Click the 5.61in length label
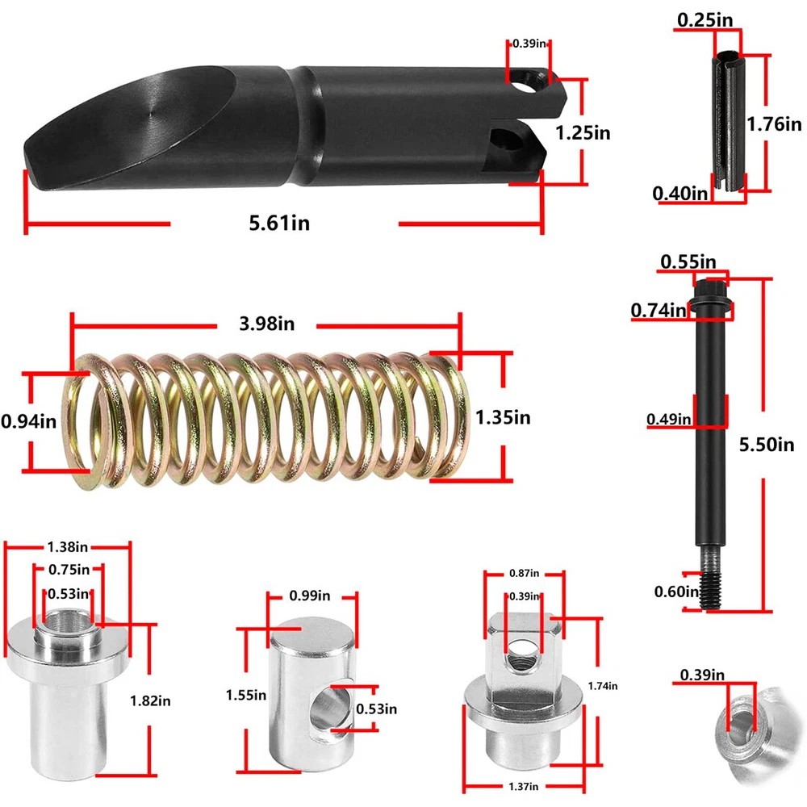pyautogui.click(x=279, y=223)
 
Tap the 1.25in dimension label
pyautogui.click(x=583, y=133)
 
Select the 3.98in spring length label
pyautogui.click(x=266, y=324)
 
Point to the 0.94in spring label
pyautogui.click(x=29, y=421)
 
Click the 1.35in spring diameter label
pyautogui.click(x=502, y=417)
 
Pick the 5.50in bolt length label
pyautogui.click(x=767, y=444)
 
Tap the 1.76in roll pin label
pyautogui.click(x=774, y=124)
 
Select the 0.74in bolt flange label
pyautogui.click(x=659, y=311)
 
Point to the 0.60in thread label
pyautogui.click(x=677, y=592)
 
